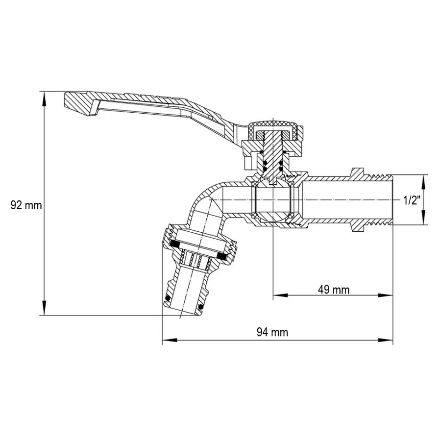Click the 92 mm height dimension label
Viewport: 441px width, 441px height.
pyautogui.click(x=26, y=205)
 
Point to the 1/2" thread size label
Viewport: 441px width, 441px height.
pyautogui.click(x=412, y=200)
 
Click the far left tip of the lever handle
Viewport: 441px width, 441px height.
pyautogui.click(x=68, y=101)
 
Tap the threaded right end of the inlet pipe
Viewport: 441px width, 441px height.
pyautogui.click(x=380, y=200)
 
